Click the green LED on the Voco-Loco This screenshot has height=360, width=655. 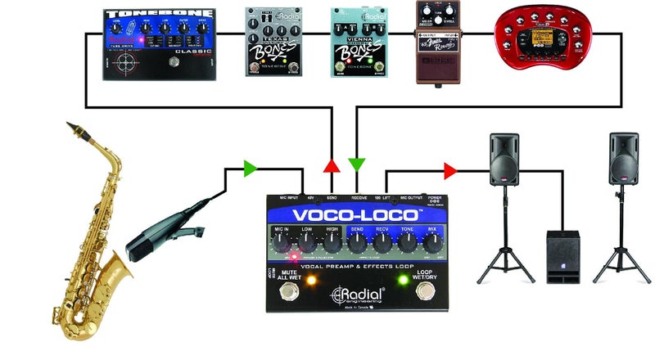click(x=403, y=281)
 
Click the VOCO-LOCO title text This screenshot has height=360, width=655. click(x=358, y=215)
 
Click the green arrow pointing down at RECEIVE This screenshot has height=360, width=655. click(x=357, y=164)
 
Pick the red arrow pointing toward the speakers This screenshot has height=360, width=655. click(x=449, y=171)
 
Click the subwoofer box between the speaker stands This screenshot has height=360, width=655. click(x=562, y=257)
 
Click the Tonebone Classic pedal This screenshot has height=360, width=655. click(x=159, y=45)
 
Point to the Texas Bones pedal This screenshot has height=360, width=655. click(x=272, y=43)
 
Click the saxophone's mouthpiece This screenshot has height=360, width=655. click(x=75, y=129)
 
